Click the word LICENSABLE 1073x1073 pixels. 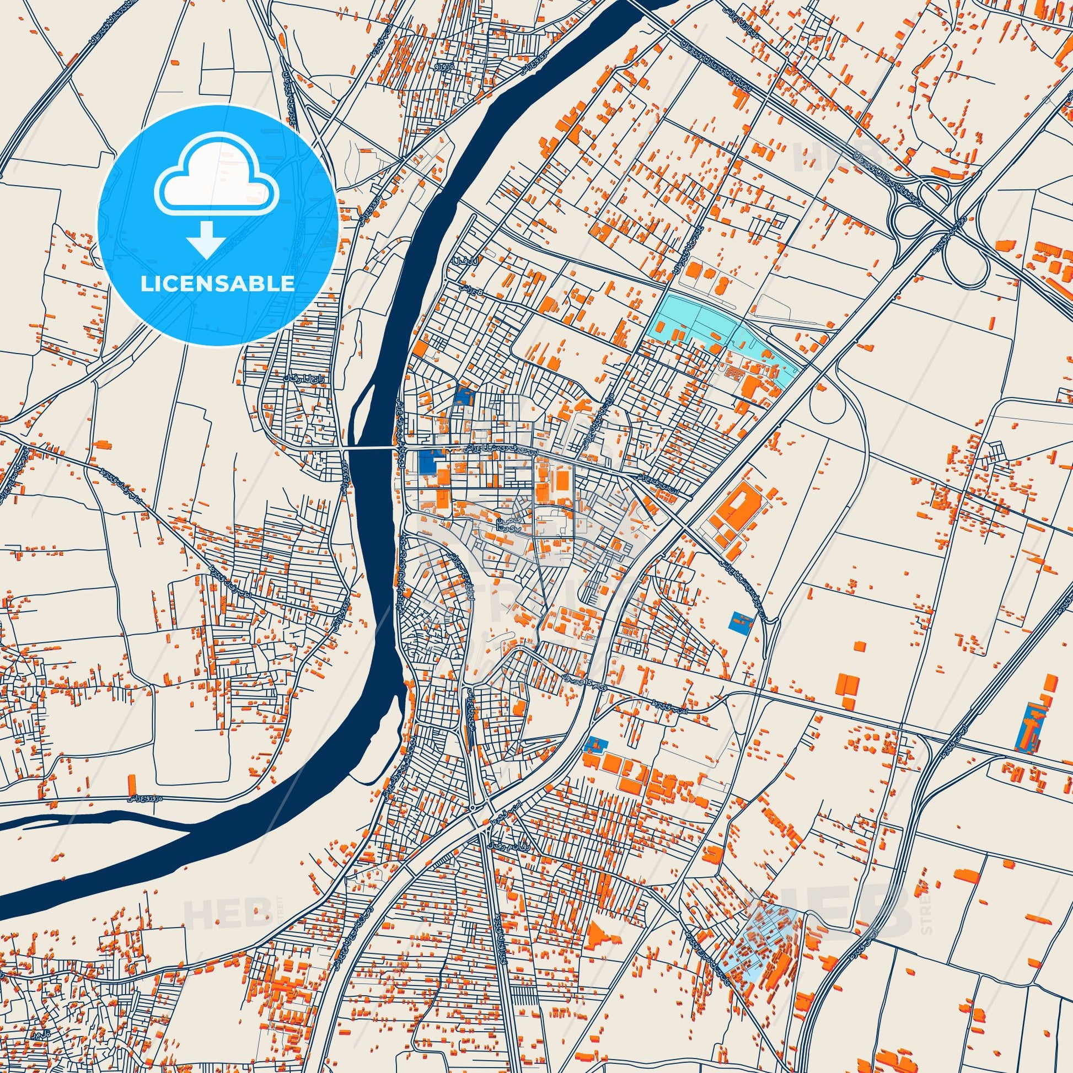[218, 284]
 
